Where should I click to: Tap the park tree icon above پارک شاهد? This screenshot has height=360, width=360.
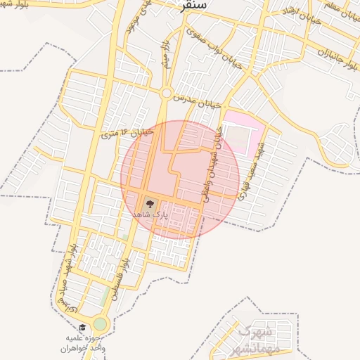point(148,204)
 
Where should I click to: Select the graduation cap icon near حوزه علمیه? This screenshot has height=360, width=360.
point(82,327)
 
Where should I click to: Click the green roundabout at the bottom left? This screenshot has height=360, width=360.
point(100,324)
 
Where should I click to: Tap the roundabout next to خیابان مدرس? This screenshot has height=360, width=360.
point(166,93)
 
